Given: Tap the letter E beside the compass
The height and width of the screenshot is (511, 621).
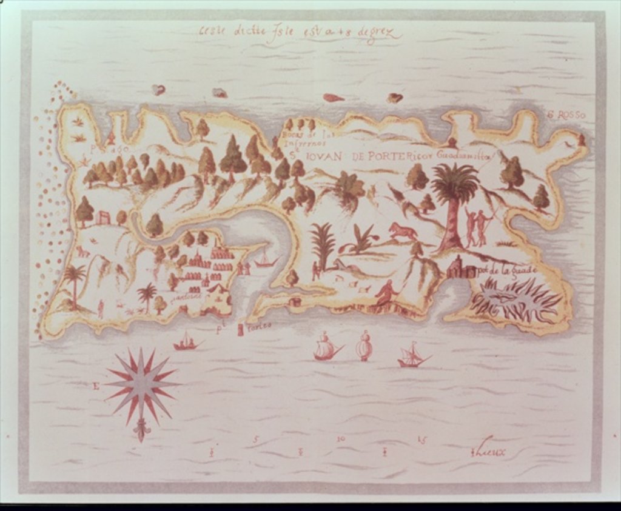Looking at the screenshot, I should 96,385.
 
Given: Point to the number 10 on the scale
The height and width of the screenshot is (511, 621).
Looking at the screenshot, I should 341,438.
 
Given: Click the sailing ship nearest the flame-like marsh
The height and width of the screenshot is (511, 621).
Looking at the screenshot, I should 412,356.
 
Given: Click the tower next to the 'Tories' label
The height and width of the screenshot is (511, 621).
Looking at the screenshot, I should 241,329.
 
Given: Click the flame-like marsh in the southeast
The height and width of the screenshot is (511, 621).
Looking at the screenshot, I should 515,299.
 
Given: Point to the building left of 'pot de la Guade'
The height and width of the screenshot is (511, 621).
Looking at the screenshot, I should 460,268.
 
